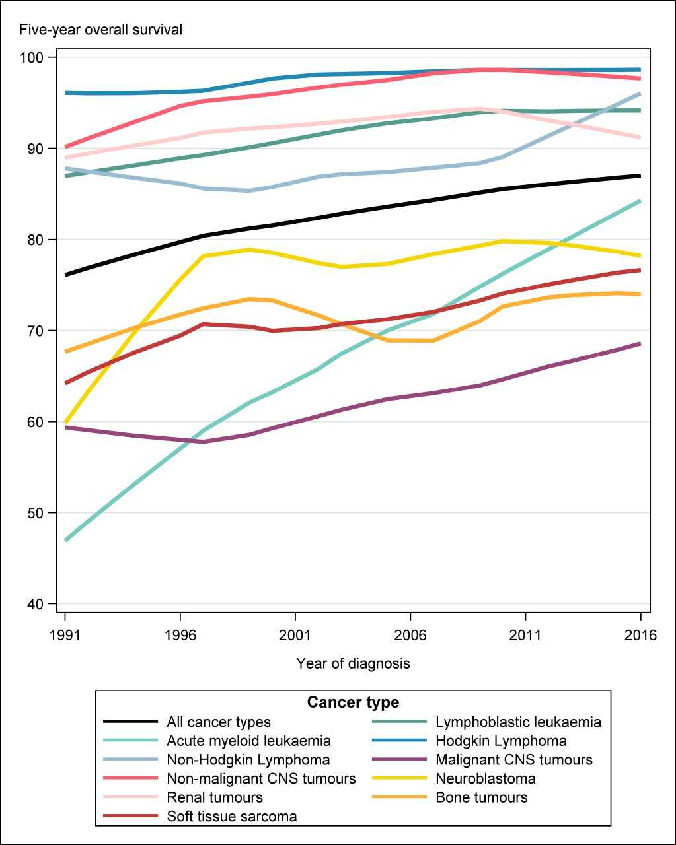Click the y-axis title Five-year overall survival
pos(101,30)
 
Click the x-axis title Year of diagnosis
pos(353,663)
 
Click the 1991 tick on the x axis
pos(65,636)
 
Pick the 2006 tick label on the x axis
pos(410,636)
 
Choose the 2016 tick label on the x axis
pos(640,636)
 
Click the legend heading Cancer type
pos(353,702)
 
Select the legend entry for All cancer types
pos(219,722)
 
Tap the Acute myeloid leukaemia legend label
pos(248,741)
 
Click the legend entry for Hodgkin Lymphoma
pos(501,741)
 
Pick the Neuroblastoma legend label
pos(486,778)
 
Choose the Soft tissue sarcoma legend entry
pos(232,817)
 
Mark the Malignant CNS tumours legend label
pos(514,760)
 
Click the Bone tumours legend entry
pos(482,797)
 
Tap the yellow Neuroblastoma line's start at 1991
pos(65,422)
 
